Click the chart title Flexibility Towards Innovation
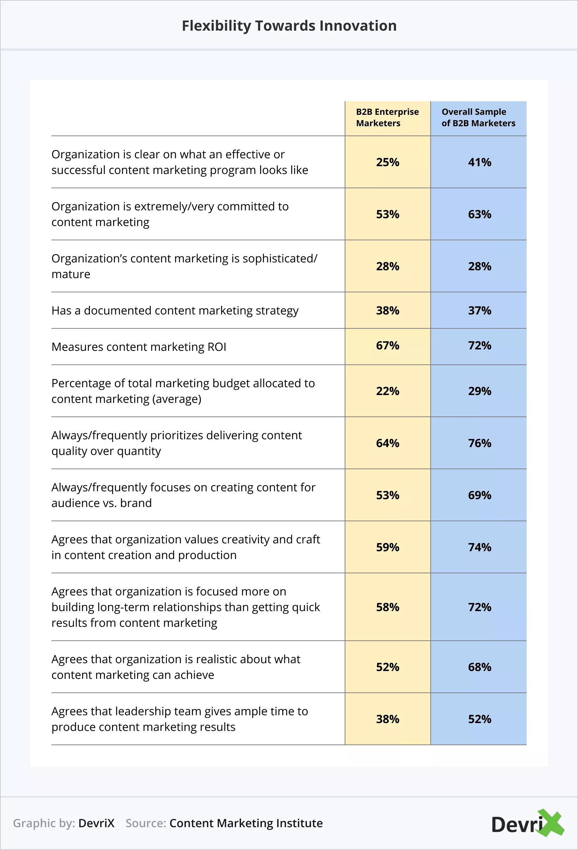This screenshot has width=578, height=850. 289,26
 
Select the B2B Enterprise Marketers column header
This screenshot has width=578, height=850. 387,117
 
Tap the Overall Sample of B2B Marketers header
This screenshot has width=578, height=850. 478,117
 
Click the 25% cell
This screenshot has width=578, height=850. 387,162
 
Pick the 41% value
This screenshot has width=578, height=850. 480,162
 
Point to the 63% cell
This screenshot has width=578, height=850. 480,214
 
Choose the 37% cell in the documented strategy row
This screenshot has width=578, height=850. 480,311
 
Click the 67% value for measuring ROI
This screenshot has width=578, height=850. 387,345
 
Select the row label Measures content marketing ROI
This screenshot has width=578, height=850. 139,347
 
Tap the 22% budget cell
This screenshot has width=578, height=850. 387,391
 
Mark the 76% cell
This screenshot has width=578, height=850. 480,443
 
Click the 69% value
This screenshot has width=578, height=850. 480,495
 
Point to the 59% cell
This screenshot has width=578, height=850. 387,547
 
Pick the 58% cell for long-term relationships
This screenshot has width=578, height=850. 387,607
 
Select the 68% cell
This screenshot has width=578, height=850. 480,667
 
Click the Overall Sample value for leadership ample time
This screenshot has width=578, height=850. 480,719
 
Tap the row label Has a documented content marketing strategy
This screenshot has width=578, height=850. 175,311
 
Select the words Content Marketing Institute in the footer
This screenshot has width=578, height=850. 246,823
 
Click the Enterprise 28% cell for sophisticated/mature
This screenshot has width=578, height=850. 387,266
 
